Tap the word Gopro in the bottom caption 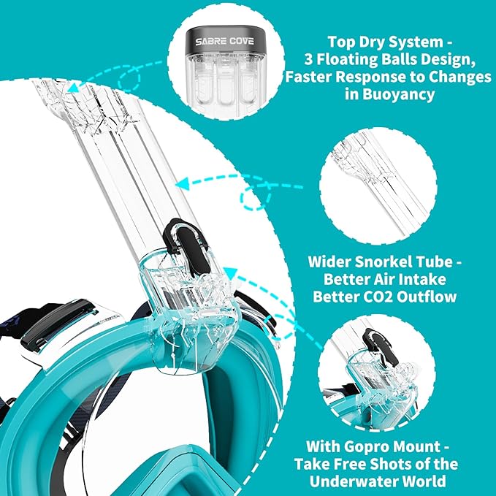pos(380,446)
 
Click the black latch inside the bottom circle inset pos(374,338)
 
